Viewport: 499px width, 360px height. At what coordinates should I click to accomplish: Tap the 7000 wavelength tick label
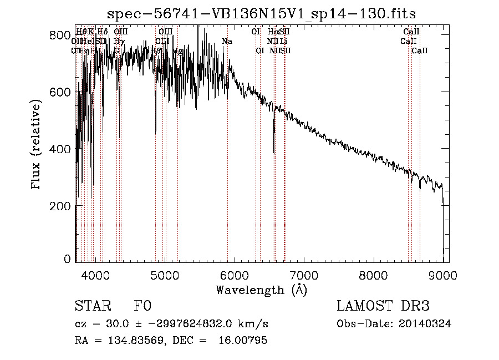point(303,275)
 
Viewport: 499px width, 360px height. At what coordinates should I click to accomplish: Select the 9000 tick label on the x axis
point(442,275)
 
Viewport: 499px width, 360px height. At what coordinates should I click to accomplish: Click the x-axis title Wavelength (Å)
point(261,290)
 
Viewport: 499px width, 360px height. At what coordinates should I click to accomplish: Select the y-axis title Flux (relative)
point(37,145)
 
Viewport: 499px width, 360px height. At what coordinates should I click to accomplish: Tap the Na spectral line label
point(227,42)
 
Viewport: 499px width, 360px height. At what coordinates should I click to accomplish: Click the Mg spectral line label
point(177,51)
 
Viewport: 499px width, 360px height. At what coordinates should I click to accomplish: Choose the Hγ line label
point(119,42)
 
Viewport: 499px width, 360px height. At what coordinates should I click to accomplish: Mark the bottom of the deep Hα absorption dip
point(274,152)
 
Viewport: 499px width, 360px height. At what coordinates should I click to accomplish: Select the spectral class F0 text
point(142,307)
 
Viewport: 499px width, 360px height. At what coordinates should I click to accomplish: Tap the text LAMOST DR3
point(383,307)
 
